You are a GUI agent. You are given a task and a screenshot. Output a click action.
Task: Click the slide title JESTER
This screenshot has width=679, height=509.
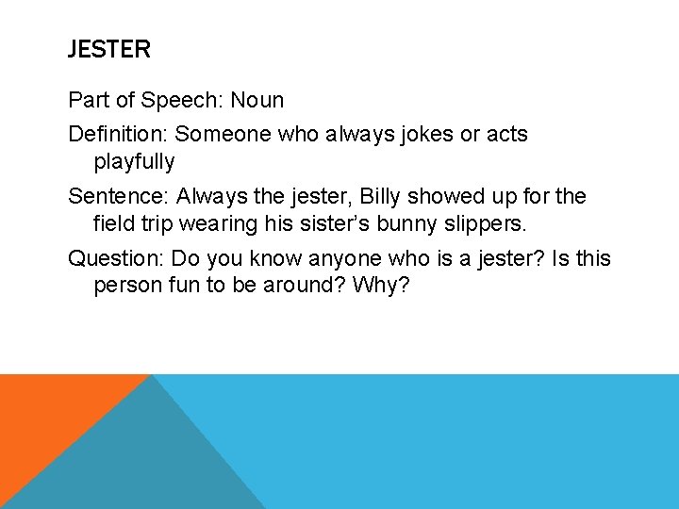(108, 50)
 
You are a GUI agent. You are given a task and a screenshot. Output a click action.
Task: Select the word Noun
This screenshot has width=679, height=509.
(257, 100)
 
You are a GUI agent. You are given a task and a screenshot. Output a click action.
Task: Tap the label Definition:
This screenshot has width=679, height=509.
(118, 135)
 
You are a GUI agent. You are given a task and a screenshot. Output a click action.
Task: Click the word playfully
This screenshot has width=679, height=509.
(134, 162)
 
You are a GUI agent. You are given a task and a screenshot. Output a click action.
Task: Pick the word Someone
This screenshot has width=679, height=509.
(224, 135)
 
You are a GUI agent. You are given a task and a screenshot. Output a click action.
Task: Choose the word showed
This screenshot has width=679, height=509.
(451, 197)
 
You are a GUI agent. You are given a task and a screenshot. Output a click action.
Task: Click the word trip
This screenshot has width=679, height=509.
(154, 224)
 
